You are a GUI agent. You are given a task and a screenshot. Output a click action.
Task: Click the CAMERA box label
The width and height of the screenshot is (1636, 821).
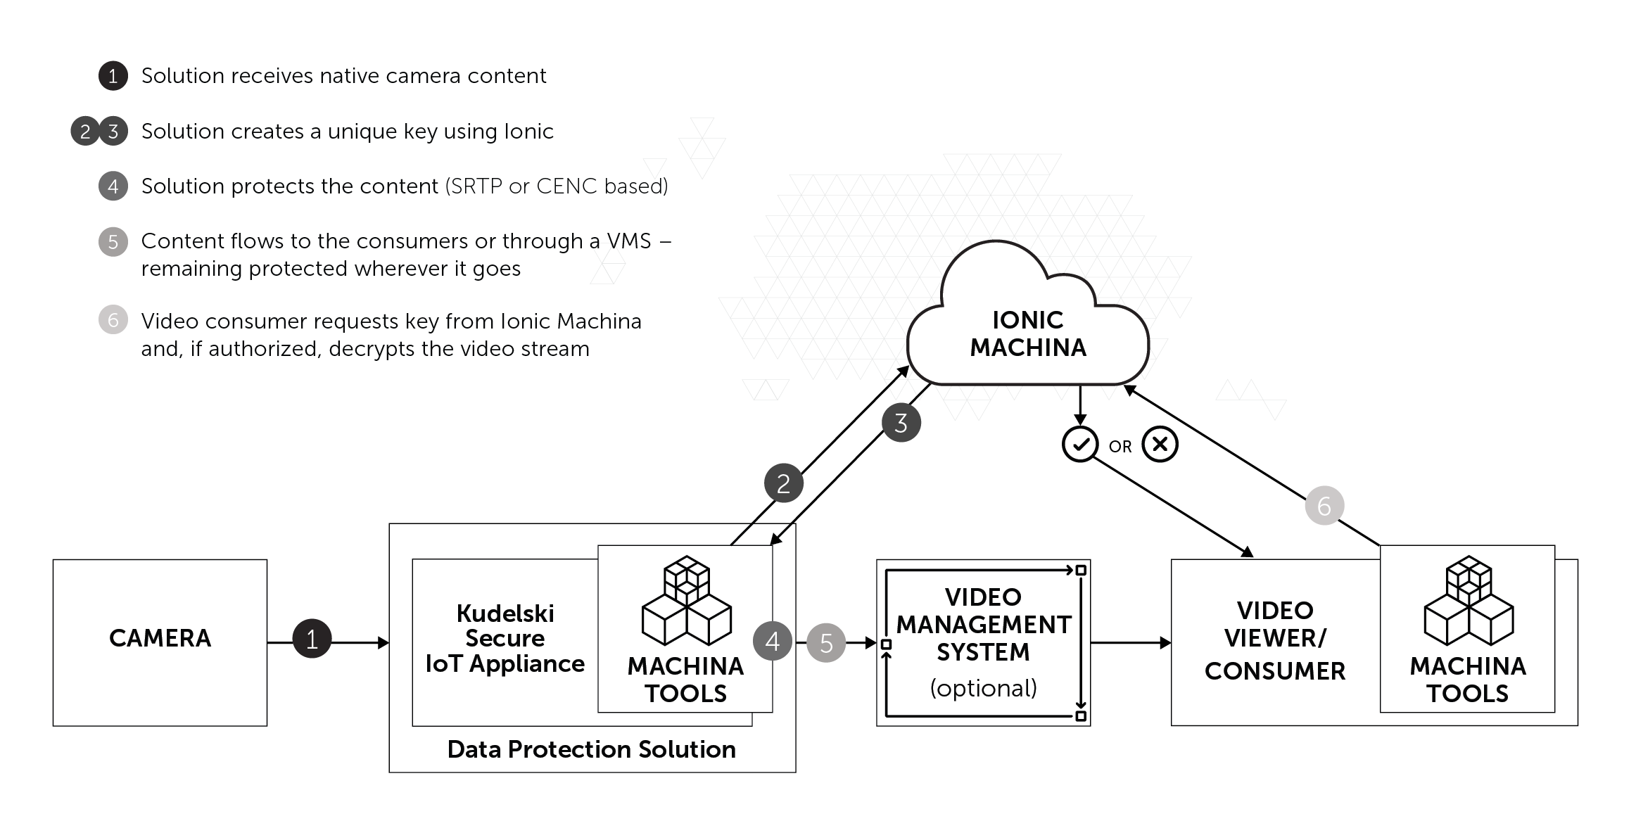point(160,638)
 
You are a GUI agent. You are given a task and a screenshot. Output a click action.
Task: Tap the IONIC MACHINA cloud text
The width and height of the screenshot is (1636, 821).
point(1028,333)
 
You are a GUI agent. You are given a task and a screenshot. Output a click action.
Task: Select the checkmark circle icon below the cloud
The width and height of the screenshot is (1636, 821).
point(1080,445)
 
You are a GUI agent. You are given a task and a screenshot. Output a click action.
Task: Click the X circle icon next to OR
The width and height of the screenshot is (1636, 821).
point(1160,445)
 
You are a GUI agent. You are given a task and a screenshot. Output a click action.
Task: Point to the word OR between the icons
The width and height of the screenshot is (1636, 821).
point(1120,447)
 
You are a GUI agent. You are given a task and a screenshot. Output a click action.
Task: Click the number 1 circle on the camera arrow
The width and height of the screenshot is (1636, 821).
point(312,639)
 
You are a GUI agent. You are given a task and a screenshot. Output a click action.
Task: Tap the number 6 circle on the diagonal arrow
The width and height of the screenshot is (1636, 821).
point(1324,506)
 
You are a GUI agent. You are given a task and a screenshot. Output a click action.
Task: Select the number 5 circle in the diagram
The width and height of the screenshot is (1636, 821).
point(826,642)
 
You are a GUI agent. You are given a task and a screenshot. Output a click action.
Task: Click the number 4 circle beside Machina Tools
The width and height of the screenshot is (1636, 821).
point(773,641)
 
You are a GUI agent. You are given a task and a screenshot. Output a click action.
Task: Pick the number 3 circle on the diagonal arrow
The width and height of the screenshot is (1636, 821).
point(901,423)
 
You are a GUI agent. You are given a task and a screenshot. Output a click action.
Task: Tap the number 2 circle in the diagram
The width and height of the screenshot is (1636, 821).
point(783,483)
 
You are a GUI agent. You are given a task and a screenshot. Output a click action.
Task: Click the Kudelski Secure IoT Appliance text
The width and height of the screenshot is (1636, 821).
point(505,638)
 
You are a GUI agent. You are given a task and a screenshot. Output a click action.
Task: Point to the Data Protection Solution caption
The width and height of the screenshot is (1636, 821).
point(591,749)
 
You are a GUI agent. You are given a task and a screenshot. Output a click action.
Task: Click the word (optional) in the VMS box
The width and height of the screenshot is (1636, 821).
point(983,687)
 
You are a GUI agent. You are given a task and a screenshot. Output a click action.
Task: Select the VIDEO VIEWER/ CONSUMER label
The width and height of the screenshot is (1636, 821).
point(1274,639)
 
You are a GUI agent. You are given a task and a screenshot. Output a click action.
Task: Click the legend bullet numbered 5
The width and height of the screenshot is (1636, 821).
point(113,242)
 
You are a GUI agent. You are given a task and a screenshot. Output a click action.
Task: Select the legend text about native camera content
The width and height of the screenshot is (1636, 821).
point(343,76)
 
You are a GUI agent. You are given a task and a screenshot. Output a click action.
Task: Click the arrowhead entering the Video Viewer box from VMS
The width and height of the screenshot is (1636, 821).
point(1165,642)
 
